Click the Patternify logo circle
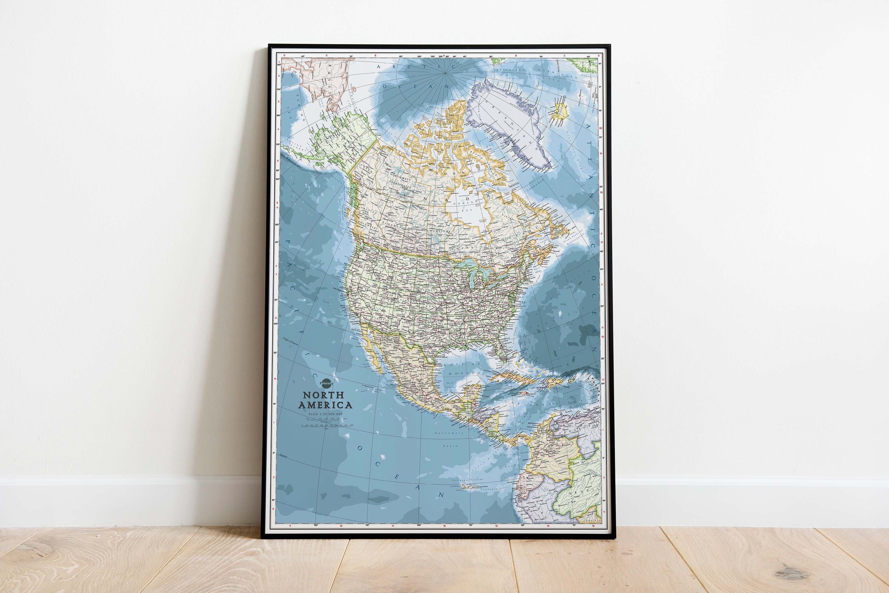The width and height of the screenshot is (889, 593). pos(326,383)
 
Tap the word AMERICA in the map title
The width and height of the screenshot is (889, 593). pos(325,405)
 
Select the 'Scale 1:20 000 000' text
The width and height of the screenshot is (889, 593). pos(325,414)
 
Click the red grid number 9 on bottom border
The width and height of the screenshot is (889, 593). pos(290,526)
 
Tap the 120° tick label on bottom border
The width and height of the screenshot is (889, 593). pos(316,525)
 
